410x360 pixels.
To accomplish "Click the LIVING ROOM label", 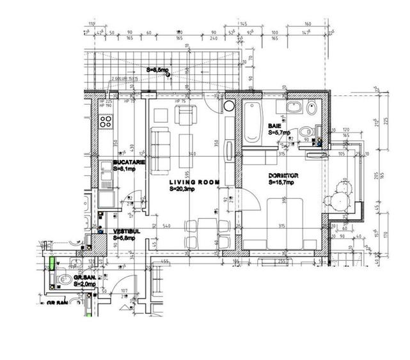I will (x=194, y=182).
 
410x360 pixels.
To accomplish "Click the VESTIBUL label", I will (x=127, y=231).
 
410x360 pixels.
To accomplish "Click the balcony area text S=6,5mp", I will (x=157, y=70).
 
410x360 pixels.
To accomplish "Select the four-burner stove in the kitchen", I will (x=106, y=121).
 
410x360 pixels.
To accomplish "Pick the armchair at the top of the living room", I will (x=185, y=116).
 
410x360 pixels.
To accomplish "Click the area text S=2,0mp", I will (x=85, y=283).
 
